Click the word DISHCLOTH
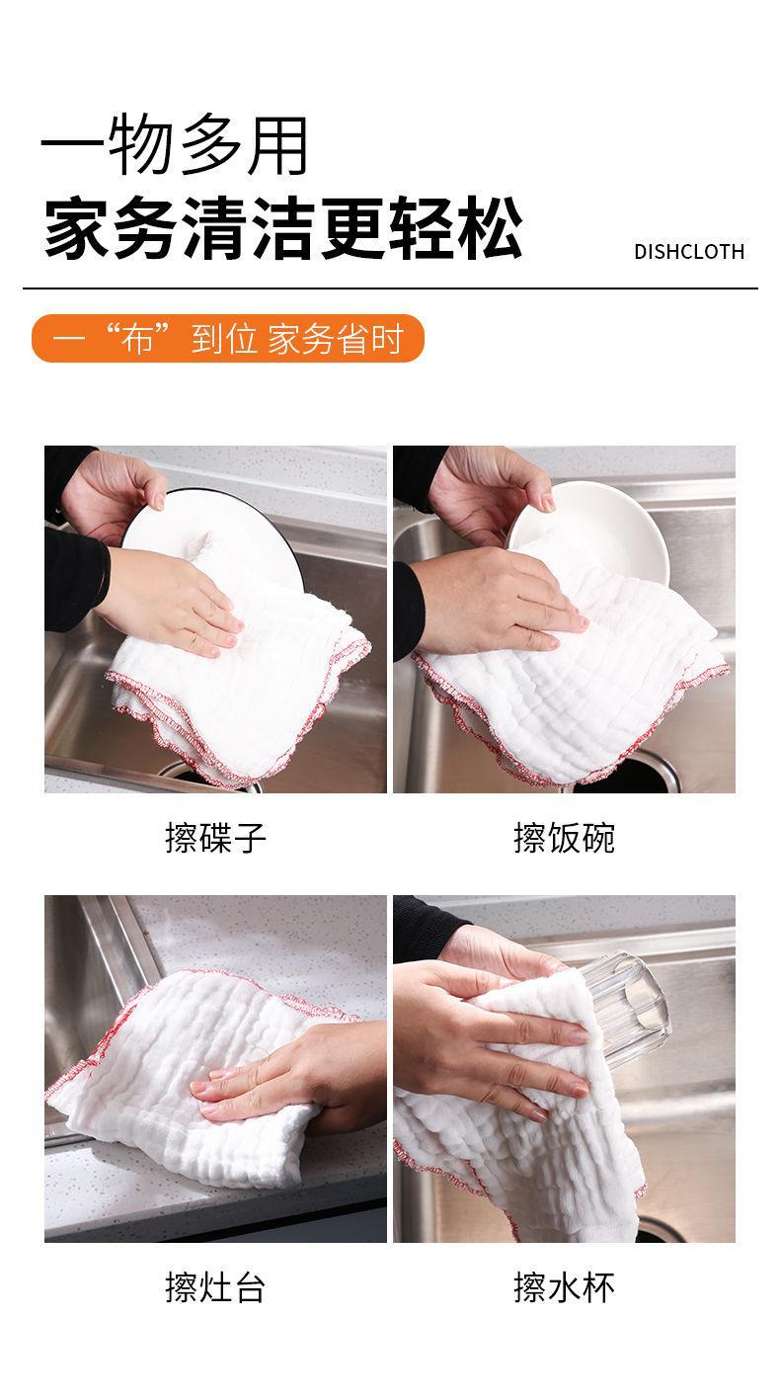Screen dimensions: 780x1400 click(x=689, y=251)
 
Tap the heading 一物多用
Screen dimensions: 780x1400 click(x=174, y=145)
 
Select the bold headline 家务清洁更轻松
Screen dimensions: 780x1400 click(x=283, y=227)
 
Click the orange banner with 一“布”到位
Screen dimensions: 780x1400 click(x=228, y=338)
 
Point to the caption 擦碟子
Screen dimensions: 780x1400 click(x=215, y=838)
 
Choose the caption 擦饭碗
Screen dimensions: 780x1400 click(x=564, y=838)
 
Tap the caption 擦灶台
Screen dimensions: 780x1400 click(x=215, y=1287)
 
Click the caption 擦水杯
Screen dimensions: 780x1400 click(x=564, y=1287)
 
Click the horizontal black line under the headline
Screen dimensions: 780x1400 click(x=390, y=288)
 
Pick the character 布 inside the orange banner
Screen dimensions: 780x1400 click(x=137, y=338)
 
